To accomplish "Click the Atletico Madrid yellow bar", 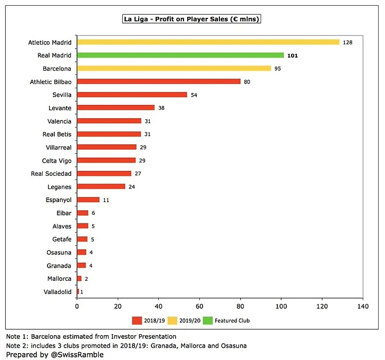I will [208, 42].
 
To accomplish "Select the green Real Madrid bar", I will [180, 55].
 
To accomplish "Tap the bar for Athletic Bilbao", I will [159, 81].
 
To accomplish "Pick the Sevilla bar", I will [132, 94].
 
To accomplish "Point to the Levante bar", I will [115, 108].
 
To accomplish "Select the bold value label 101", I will [292, 55].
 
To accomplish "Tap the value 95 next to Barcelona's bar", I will [278, 68].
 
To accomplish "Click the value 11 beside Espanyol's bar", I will [107, 200].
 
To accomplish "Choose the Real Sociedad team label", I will [51, 174].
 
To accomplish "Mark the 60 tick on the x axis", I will [199, 306].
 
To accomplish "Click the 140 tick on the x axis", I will [362, 306].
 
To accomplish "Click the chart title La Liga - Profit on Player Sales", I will [192, 19].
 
